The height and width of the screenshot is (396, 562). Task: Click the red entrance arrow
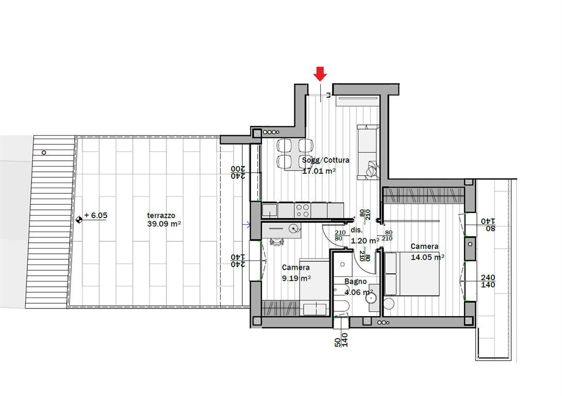point(320,73)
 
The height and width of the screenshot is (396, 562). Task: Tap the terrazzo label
point(161,216)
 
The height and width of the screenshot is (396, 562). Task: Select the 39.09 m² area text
point(164,224)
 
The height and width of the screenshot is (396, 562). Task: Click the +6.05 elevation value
point(96,216)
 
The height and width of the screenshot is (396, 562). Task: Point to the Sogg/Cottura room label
point(325,160)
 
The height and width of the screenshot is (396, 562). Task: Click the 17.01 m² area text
point(319,171)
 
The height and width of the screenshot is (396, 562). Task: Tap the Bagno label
point(356,282)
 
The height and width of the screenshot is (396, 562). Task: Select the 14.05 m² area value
point(427,257)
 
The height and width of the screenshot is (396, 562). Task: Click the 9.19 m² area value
point(296,278)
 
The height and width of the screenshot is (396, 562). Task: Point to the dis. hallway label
point(357,230)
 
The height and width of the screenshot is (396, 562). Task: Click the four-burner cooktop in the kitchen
point(303,210)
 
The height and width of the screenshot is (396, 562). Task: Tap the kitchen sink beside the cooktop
point(270,210)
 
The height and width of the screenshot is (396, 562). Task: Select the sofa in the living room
point(368,152)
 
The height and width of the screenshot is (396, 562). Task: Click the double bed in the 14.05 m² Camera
point(412,274)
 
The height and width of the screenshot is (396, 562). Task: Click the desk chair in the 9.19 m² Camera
point(276,242)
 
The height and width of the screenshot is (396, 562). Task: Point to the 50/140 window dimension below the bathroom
point(341,340)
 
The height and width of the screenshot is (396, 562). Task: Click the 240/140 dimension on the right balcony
point(488,281)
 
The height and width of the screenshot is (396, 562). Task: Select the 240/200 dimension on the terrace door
point(238,172)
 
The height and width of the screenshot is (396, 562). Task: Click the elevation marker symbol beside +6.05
point(79,219)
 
